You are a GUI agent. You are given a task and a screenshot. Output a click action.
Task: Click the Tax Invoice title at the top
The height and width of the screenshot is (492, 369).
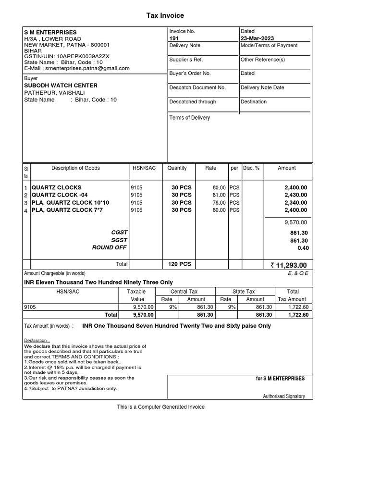point(165,16)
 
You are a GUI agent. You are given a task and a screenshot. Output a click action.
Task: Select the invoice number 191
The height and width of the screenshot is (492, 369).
point(174,38)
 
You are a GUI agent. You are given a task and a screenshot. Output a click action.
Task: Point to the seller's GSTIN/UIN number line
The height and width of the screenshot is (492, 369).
point(66,56)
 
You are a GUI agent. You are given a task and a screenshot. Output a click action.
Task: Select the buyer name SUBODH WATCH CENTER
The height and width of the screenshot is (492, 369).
point(61,86)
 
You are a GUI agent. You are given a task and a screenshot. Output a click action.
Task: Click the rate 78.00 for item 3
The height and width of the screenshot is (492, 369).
point(219,203)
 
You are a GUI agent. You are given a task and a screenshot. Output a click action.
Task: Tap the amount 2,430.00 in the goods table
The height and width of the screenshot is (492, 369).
point(295,195)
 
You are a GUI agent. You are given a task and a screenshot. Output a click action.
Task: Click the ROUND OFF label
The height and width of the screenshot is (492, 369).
point(110,248)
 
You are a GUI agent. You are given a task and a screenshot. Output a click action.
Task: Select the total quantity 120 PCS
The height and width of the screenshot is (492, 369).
point(179,264)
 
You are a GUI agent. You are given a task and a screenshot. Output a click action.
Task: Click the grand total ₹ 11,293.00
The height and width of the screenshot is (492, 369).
point(289,265)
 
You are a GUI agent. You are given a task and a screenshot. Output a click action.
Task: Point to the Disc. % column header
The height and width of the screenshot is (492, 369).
point(251,168)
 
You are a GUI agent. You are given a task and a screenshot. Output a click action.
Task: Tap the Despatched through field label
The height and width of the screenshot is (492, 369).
point(193,102)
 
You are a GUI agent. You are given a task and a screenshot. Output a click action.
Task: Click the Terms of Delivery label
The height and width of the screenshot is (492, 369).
point(189,118)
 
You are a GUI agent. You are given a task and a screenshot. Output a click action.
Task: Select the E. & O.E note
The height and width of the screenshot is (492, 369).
point(298,273)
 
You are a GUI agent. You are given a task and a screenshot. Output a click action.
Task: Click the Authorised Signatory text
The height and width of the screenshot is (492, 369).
point(283,396)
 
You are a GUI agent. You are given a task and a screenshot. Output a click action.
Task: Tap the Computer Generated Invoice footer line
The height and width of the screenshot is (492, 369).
point(161,407)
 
